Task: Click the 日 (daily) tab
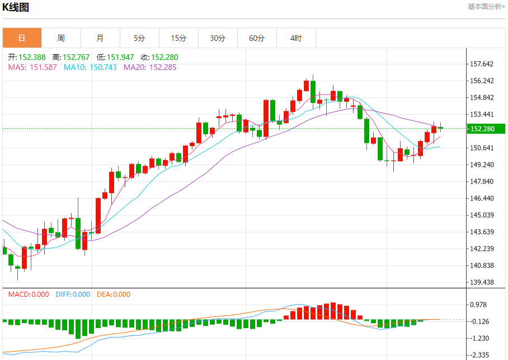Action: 22,38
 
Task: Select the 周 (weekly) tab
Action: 61,38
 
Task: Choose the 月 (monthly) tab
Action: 100,38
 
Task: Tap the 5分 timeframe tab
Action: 139,38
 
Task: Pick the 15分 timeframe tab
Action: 178,38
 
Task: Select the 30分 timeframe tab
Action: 218,38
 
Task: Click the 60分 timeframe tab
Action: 257,38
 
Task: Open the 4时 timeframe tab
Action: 296,38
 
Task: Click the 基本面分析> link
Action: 486,7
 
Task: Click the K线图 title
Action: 16,7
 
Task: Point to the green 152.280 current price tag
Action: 485,129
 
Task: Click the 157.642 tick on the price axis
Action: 482,64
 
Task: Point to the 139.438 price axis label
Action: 482,282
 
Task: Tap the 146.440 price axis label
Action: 482,198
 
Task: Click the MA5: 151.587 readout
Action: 32,67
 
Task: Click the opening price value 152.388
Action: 32,57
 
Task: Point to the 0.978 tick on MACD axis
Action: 479,305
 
